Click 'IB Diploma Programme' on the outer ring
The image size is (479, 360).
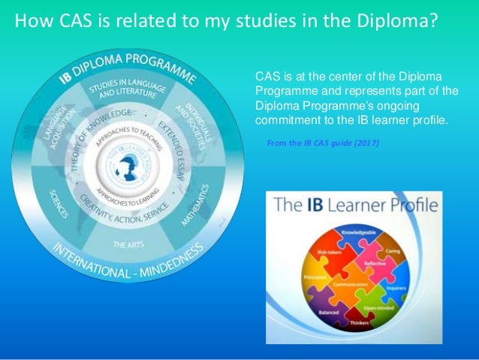(128, 63)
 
